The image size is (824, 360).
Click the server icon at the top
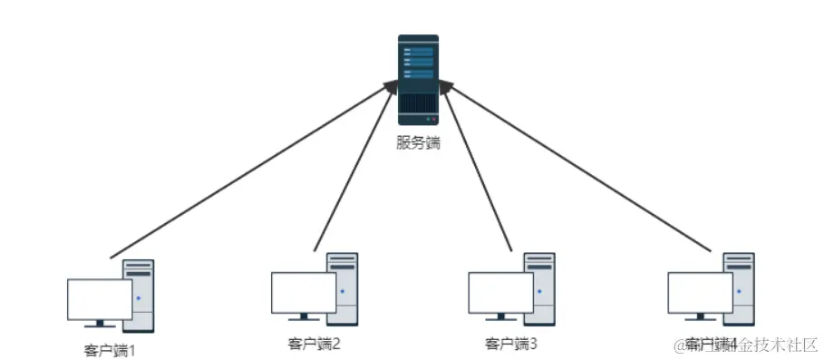click(418, 79)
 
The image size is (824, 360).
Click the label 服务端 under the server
click(418, 142)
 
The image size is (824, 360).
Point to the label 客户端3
click(511, 344)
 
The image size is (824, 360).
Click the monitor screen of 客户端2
click(304, 292)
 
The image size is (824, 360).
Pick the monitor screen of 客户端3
click(500, 292)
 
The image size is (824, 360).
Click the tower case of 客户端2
click(344, 288)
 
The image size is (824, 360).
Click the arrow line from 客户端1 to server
click(254, 167)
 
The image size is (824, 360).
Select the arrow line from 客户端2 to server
click(355, 167)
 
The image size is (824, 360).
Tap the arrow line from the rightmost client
click(580, 167)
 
